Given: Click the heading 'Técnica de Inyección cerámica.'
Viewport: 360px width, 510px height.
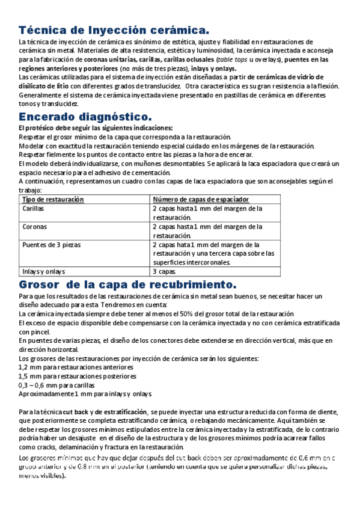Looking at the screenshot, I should [114, 29].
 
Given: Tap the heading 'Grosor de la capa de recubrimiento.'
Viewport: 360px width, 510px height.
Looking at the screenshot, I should [128, 283].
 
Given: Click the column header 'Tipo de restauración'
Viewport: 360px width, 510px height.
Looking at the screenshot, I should [53, 199].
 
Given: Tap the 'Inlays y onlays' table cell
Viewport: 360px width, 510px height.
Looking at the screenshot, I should [44, 271].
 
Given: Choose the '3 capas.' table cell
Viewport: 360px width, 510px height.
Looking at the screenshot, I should [164, 271].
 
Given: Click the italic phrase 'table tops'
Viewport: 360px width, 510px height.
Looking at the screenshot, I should [233, 60].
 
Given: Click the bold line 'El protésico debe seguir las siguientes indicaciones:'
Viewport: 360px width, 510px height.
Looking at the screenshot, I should [96, 128].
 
